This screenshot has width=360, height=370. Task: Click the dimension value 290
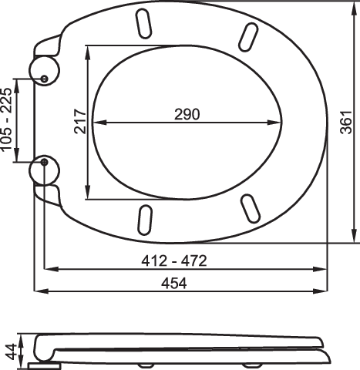coord(187,114)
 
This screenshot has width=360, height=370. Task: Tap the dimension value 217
coord(80,122)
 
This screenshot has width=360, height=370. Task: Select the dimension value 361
coord(346,123)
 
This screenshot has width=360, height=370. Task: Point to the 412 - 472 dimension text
coord(174,261)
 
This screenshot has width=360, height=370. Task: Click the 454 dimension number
coord(174,284)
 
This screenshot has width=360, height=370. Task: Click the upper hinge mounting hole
coord(45,79)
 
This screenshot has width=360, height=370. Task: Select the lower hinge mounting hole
coord(45,162)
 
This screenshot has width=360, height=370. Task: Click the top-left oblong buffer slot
coord(143,24)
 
